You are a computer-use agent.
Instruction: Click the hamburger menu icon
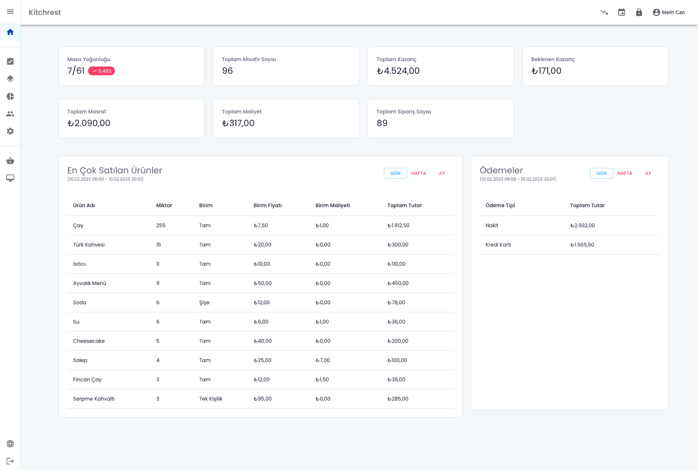tap(10, 12)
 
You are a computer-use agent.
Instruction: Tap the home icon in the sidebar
tap(10, 32)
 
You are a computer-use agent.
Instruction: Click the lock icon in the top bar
tap(639, 12)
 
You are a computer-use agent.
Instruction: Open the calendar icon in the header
tap(621, 12)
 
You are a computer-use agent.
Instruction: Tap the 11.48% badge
tap(102, 71)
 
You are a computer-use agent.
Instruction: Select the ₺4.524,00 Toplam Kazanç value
tap(398, 71)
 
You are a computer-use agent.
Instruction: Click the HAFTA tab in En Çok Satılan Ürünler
tap(418, 173)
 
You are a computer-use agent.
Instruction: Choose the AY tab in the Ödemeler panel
tap(648, 173)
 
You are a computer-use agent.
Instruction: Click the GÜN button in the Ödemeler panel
tap(601, 173)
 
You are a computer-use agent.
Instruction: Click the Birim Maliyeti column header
tap(332, 205)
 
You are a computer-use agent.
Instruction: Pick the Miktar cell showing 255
tap(161, 225)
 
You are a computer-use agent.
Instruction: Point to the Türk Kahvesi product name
tap(89, 245)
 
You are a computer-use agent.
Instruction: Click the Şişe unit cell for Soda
tap(204, 302)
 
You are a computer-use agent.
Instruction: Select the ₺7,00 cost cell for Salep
tap(322, 360)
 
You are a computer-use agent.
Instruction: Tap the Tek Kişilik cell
tap(211, 399)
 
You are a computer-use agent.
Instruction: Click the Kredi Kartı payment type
tap(498, 245)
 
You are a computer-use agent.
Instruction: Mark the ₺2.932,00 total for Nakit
tap(582, 225)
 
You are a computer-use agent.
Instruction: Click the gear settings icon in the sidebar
tap(10, 131)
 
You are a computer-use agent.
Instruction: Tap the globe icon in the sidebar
tap(10, 444)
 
